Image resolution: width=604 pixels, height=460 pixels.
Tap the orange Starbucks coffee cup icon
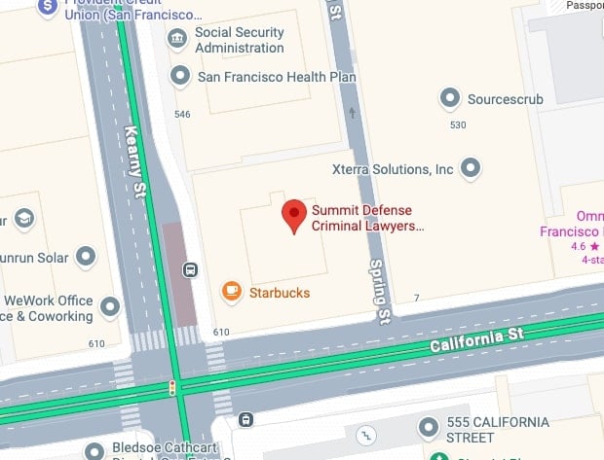pos(231,290)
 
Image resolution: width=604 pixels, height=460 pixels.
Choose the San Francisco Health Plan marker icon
pos(179,76)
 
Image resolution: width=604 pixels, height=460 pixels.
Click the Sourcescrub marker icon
pos(449,97)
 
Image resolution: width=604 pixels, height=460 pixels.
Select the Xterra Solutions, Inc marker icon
pos(472,168)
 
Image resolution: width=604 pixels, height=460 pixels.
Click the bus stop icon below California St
pos(246,420)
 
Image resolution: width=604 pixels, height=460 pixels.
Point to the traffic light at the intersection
pos(173,387)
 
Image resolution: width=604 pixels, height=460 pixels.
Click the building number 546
pos(181,115)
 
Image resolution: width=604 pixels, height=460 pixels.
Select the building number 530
pos(458,125)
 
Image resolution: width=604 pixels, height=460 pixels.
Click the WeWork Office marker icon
pos(110,307)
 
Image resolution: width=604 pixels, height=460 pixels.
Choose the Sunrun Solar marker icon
pos(86,256)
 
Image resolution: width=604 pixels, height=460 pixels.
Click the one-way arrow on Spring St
pos(352,114)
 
